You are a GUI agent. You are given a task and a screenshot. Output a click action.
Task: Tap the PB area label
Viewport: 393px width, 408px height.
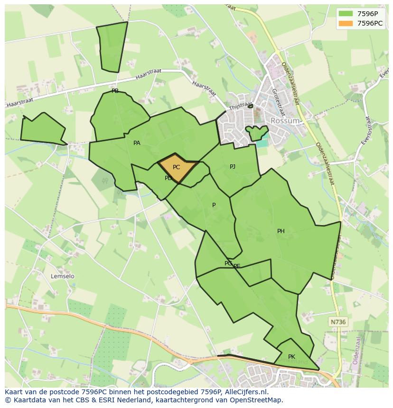115,91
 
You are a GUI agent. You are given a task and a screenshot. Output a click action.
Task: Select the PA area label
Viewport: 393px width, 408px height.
137,143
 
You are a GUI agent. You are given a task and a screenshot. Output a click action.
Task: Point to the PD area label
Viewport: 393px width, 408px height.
168,178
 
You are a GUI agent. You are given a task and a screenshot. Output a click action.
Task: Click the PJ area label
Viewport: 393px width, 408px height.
233,167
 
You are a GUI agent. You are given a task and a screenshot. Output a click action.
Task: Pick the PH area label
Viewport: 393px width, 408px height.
281,231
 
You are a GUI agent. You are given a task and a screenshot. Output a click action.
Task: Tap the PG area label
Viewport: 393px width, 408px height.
228,263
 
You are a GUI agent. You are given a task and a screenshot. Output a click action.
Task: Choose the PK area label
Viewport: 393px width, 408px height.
291,357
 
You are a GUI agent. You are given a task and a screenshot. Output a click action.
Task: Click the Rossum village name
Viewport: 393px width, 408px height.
285,121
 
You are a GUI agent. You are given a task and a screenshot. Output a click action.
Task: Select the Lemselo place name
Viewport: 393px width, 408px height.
63,276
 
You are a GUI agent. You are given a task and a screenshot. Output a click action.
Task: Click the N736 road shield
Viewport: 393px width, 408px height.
338,322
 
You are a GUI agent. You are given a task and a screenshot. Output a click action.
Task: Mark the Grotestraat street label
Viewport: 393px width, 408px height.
278,102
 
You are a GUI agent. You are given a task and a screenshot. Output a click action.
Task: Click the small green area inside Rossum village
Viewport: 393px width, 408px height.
257,133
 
